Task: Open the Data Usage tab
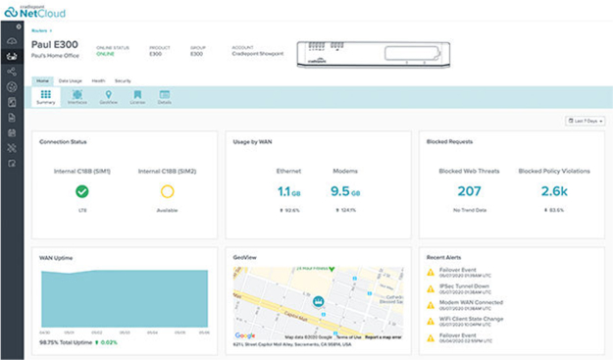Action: pos(70,80)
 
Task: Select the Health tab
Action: pos(98,80)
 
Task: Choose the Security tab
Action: pos(123,80)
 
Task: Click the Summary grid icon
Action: pos(46,97)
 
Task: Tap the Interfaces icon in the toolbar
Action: pos(77,97)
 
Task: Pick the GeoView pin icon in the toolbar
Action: pos(108,97)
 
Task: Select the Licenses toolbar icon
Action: pos(137,97)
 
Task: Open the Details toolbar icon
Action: pos(164,97)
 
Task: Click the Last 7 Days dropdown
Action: pos(585,121)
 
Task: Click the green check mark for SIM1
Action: pos(82,192)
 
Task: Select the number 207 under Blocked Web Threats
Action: pos(469,192)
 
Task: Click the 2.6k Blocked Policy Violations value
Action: pos(554,192)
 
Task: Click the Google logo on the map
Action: pos(245,335)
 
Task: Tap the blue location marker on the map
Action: pos(318,302)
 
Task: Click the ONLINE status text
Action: pos(104,54)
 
